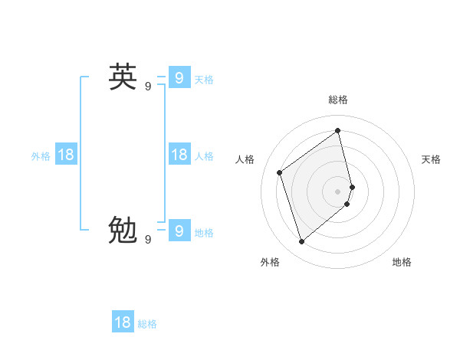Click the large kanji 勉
[123, 229]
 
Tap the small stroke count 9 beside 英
[148, 87]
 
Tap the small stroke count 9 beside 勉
[148, 239]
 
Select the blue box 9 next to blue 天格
[179, 77]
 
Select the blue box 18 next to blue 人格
[179, 155]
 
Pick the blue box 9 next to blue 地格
[179, 230]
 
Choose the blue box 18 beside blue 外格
[66, 155]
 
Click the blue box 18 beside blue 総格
[123, 322]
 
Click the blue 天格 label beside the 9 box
[204, 80]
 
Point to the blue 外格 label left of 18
[41, 156]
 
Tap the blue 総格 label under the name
[147, 324]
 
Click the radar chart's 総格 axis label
[338, 100]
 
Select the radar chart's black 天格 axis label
[432, 159]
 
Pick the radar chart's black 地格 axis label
[402, 262]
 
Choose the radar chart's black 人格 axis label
[245, 159]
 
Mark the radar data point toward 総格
[338, 130]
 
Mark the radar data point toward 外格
[301, 242]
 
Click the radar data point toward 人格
[280, 172]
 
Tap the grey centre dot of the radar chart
[338, 191]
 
